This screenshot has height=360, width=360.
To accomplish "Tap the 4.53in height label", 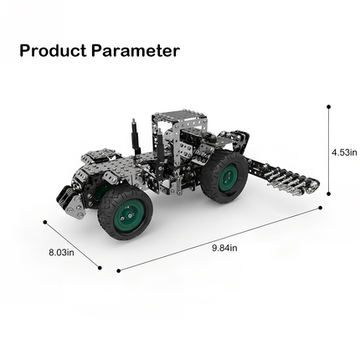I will (x=345, y=152).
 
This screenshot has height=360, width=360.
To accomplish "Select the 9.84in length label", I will (x=224, y=247).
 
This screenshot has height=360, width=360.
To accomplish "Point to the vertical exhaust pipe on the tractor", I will (x=132, y=137).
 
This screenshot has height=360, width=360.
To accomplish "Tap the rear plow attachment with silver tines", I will (x=285, y=177).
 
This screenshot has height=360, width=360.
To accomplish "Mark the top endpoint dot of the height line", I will (x=329, y=106).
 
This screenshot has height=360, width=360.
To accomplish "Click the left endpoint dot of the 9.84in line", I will (x=118, y=270).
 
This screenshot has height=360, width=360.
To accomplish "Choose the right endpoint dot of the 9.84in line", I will (x=322, y=207).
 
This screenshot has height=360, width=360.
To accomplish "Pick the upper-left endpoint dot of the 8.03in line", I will (x=44, y=221).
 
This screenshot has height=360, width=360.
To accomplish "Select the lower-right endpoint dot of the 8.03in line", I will (x=100, y=269).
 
